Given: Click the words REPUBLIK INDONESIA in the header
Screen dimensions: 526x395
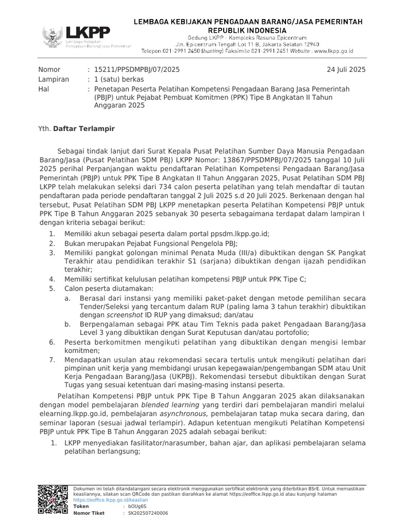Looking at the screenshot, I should click(248, 30).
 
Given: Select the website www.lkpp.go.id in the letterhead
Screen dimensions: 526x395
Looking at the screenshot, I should click(333, 51).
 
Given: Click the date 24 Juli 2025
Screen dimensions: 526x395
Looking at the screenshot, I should click(346, 70).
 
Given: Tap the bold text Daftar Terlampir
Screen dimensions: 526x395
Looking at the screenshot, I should click(84, 128).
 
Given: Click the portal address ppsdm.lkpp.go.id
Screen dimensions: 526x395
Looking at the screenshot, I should click(238, 233).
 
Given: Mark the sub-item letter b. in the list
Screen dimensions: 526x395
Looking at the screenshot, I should click(67, 324).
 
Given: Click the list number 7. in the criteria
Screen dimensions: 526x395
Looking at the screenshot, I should click(52, 360).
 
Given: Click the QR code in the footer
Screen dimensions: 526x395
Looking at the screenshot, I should click(53, 499).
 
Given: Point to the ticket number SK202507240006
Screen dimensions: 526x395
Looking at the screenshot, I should click(148, 513).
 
